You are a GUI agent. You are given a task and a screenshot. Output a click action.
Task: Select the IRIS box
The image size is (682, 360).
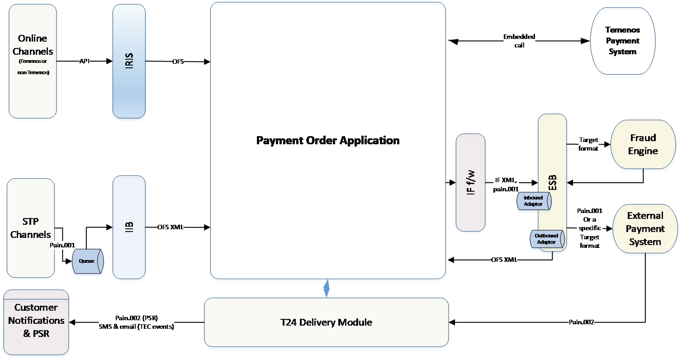(x=129, y=61)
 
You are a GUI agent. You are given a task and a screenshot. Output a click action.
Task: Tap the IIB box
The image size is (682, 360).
(x=129, y=227)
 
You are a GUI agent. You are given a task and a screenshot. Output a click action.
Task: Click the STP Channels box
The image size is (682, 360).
(x=31, y=228)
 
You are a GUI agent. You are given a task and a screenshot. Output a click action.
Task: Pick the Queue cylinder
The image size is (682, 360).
(x=87, y=261)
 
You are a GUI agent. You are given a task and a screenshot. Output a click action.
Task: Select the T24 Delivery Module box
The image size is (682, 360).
(x=326, y=322)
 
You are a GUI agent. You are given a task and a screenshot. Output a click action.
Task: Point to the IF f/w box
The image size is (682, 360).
(x=471, y=183)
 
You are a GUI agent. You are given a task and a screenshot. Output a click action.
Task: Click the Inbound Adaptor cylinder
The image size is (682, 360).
(x=533, y=201)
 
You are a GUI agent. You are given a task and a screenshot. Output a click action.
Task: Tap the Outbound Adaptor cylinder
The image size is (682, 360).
(x=546, y=239)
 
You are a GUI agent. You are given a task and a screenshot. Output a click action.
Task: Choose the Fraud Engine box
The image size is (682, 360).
(x=643, y=145)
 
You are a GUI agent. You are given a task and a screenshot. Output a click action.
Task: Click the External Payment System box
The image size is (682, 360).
(x=645, y=228)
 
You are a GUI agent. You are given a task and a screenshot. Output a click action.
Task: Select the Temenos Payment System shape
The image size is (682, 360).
(x=623, y=41)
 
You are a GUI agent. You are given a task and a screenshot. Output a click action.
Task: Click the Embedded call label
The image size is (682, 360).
(x=519, y=41)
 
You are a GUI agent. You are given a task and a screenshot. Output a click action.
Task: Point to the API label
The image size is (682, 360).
(x=85, y=61)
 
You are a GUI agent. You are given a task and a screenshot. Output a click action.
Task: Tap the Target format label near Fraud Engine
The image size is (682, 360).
(x=588, y=144)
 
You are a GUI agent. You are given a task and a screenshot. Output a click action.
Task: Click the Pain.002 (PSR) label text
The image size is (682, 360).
(x=136, y=317)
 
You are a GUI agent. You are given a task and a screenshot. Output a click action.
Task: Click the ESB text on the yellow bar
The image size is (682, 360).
(x=552, y=183)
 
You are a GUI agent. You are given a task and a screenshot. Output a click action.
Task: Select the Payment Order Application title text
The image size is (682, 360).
(x=328, y=140)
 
